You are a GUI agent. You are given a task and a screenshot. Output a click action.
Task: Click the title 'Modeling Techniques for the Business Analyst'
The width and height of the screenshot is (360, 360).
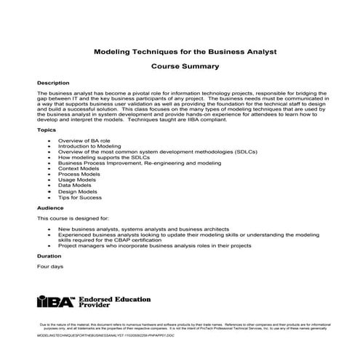click(180, 52)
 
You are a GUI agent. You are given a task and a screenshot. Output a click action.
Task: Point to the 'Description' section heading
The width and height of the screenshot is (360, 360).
click(53, 83)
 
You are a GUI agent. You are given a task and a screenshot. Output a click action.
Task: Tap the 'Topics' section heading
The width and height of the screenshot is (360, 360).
click(47, 129)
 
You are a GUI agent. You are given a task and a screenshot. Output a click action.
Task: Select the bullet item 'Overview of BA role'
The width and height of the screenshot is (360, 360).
click(84, 139)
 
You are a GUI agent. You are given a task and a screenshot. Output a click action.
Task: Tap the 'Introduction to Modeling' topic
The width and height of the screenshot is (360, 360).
click(89, 145)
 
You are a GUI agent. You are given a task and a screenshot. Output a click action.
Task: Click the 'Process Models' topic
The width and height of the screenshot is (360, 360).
click(80, 175)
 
